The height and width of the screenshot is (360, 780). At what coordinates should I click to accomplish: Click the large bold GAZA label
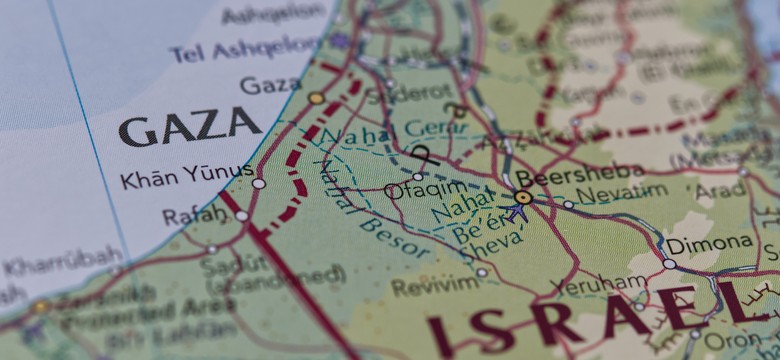coord(190,127)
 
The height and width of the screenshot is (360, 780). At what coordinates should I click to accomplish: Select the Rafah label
coord(194,215)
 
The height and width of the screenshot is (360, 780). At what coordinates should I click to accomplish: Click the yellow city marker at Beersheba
coord(523,197)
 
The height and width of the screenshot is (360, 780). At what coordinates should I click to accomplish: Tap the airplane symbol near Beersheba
coord(518,213)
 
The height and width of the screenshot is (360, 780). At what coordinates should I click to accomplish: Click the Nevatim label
coord(622,192)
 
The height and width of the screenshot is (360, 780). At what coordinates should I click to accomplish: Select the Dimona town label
coord(709,243)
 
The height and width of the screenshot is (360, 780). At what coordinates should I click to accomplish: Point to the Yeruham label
coord(611,282)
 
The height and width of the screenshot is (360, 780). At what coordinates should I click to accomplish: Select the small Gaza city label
coord(270,85)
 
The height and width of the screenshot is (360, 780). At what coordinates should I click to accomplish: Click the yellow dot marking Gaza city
coord(316,98)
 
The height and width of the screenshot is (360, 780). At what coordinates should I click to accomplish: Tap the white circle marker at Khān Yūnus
coord(259,183)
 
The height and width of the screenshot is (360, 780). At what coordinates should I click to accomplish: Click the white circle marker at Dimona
coord(669,264)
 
